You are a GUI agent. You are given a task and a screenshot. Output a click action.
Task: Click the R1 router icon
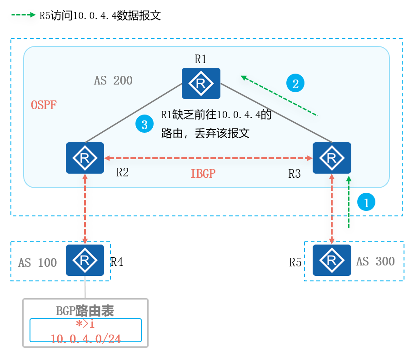[201, 83]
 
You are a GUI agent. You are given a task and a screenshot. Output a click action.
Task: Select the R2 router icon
[85, 158]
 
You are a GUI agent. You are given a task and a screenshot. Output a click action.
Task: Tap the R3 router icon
[332, 158]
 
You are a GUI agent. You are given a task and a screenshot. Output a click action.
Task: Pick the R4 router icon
[85, 260]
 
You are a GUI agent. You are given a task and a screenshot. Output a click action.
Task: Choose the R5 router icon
[332, 260]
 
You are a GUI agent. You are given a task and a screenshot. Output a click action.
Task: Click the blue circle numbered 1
[366, 201]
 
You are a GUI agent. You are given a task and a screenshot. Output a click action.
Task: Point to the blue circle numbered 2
[295, 83]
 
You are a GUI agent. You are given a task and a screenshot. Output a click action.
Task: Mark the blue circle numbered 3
[145, 125]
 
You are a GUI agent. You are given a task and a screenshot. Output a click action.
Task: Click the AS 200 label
[113, 81]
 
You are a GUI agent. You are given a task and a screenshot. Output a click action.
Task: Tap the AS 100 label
[38, 263]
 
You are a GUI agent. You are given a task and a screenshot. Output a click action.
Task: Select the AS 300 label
[375, 261]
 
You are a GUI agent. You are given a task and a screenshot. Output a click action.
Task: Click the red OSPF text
[44, 105]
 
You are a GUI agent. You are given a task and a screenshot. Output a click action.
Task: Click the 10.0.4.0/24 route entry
[86, 339]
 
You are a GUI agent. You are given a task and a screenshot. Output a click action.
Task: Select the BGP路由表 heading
[85, 311]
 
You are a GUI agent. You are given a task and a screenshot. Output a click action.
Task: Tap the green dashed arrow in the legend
[24, 15]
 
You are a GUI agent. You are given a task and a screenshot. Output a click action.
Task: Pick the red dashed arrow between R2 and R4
[85, 209]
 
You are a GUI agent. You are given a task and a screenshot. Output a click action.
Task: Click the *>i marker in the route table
[85, 324]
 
